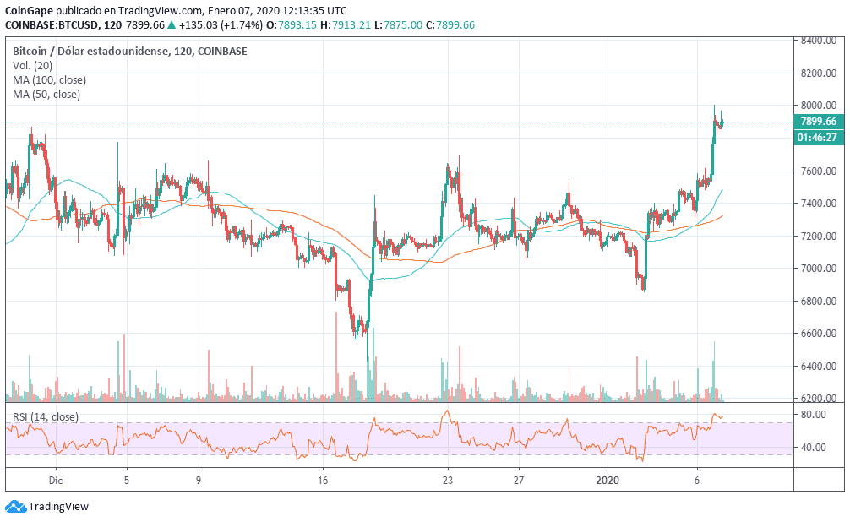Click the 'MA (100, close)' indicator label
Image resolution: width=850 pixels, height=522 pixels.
click(49, 79)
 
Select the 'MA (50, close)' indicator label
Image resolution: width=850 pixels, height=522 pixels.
click(46, 94)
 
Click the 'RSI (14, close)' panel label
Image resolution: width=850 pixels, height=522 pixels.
click(45, 416)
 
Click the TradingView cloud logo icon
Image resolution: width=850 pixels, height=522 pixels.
click(15, 507)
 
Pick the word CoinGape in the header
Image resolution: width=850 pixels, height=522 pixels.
click(30, 10)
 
